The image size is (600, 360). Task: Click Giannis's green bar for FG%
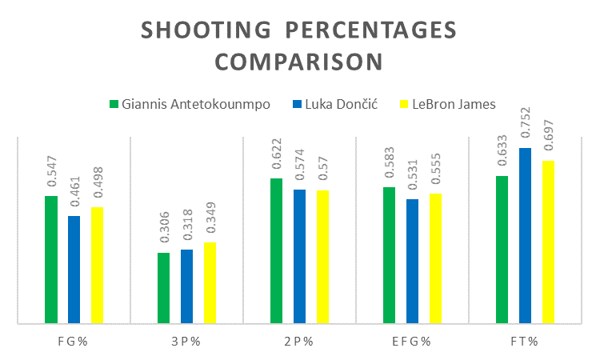tap(51, 260)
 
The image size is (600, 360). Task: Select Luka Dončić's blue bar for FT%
tap(525, 236)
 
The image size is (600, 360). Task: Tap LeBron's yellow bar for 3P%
tap(210, 283)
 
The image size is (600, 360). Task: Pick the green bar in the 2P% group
tap(277, 251)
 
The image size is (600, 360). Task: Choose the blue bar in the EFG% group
tap(412, 262)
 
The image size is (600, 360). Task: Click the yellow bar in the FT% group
tap(548, 242)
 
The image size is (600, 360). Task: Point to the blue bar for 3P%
tap(186, 286)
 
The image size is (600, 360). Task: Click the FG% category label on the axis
tap(74, 342)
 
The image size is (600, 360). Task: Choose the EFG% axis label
tap(412, 342)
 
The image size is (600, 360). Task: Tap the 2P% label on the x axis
tap(299, 342)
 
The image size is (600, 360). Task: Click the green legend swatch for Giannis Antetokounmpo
tap(114, 104)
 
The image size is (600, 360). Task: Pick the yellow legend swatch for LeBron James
tap(404, 104)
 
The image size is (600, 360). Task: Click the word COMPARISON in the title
tap(298, 62)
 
